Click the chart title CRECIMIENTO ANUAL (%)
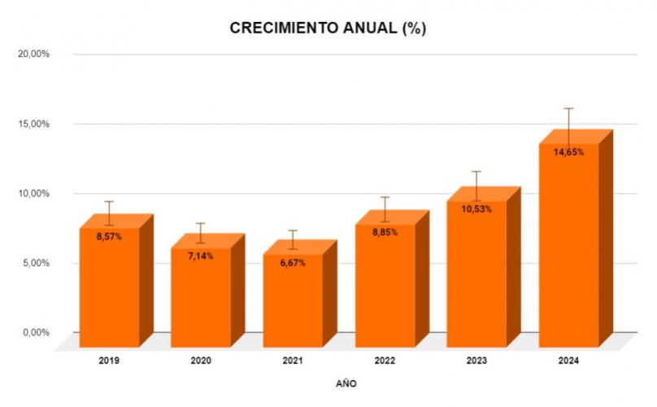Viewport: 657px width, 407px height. coord(328,28)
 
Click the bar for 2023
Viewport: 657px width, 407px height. coord(476,273)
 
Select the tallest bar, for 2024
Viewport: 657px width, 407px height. coord(568,244)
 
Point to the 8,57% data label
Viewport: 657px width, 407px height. coord(109,237)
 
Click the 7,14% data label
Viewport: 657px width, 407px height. coord(201,256)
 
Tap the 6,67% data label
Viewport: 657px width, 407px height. coord(293,263)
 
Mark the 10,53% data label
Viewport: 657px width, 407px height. coord(476,209)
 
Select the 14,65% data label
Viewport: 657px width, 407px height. coord(568,152)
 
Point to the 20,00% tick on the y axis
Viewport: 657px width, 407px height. coord(34,55)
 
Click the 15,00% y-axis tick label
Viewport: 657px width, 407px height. coord(34,124)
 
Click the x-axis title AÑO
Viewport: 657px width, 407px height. coord(346,383)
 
